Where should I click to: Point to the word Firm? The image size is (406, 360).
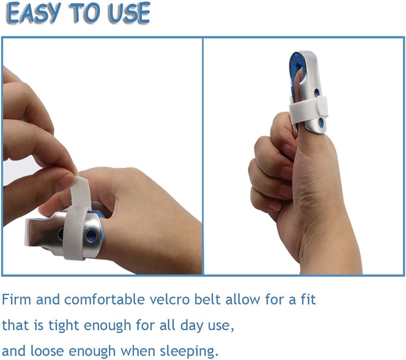pyautogui.click(x=16, y=300)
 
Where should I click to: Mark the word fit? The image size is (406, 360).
pyautogui.click(x=307, y=300)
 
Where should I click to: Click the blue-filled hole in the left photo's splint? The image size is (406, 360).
pyautogui.click(x=91, y=236)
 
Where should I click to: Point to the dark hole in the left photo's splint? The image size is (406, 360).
pyautogui.click(x=61, y=234)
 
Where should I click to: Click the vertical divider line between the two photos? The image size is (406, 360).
pyautogui.click(x=203, y=155)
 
